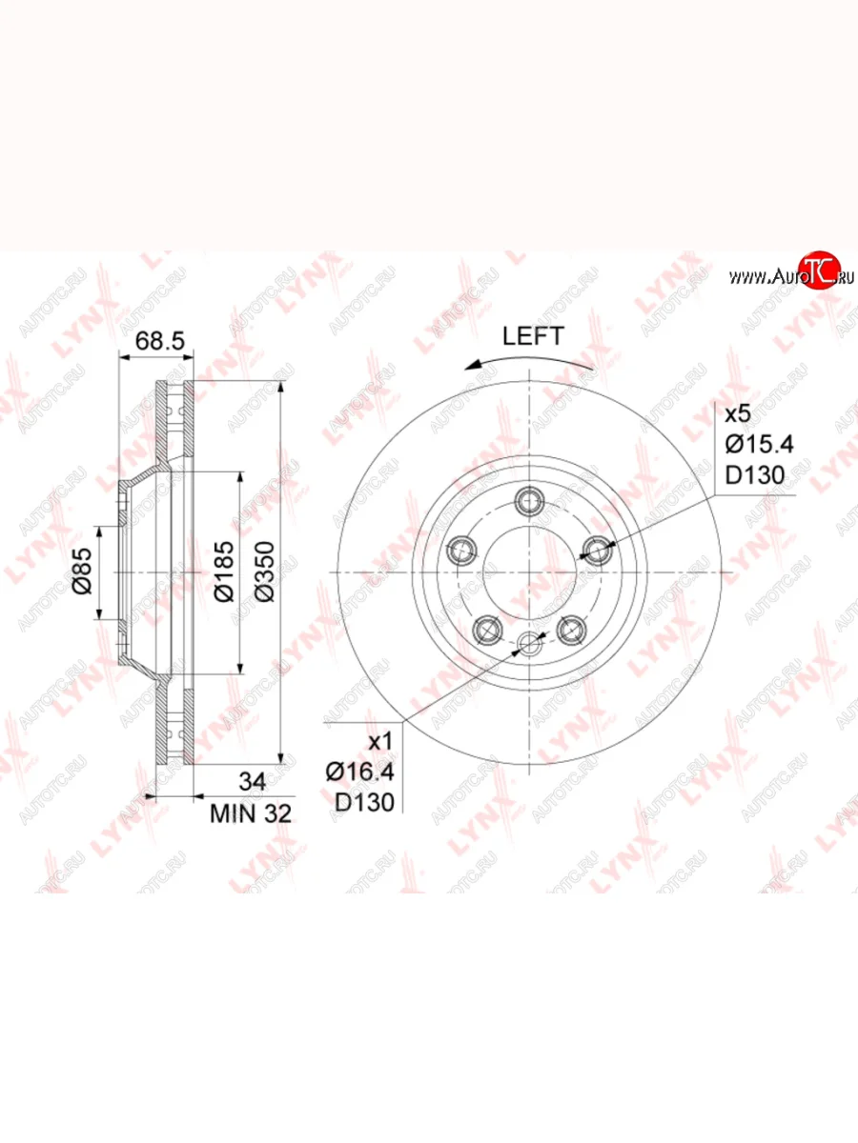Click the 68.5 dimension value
(160, 342)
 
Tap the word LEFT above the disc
(533, 336)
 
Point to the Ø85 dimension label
(83, 571)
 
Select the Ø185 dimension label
(225, 571)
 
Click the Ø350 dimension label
(265, 571)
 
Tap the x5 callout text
(738, 414)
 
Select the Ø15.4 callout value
(760, 444)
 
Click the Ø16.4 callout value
(360, 772)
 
